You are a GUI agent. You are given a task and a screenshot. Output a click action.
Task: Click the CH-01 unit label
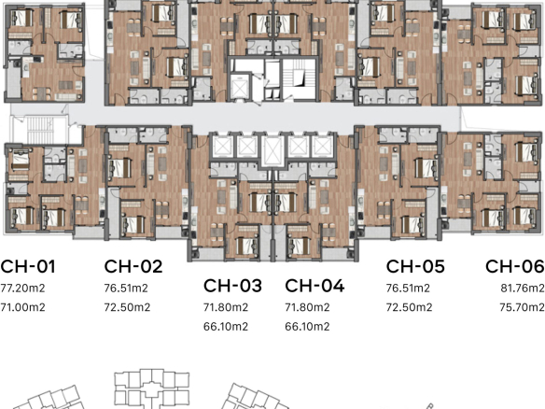(x=27, y=266)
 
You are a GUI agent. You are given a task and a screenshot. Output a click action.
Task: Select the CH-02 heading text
(x=133, y=266)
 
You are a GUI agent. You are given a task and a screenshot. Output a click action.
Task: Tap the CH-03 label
(x=232, y=286)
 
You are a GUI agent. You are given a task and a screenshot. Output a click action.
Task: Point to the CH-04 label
(x=314, y=286)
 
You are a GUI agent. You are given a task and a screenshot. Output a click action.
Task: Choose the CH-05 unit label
(x=415, y=266)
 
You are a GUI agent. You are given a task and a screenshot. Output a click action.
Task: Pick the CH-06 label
(x=515, y=266)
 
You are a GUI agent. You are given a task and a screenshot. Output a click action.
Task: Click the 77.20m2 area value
(x=22, y=289)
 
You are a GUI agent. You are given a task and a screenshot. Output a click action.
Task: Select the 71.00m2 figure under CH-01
(x=22, y=307)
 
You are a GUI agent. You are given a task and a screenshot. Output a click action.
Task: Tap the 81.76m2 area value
(x=523, y=289)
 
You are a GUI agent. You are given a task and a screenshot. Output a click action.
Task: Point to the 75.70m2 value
(x=522, y=307)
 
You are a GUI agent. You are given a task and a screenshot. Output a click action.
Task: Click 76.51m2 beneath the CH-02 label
(x=126, y=289)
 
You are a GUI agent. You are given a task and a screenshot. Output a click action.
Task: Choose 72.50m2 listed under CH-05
(x=409, y=307)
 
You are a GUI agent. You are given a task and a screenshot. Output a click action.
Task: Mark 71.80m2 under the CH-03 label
(x=226, y=307)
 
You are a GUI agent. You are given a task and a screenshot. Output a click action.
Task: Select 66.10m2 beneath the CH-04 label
(x=307, y=327)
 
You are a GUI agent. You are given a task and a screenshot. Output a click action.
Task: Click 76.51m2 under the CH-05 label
(x=408, y=289)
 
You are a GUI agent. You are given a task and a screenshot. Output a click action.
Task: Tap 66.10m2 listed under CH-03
(x=226, y=327)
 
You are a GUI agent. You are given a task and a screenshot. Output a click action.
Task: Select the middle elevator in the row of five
(x=272, y=149)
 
